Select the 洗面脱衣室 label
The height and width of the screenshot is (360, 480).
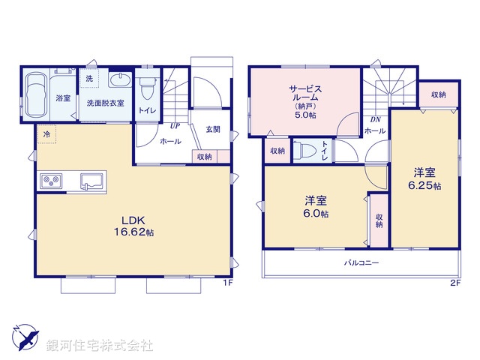[104, 102]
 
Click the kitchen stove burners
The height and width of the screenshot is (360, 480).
[52, 181]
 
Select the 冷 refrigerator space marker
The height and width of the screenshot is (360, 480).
[46, 133]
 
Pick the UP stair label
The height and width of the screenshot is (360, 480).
[175, 125]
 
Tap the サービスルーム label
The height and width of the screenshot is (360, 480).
[306, 98]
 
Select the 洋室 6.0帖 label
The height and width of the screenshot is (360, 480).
[316, 207]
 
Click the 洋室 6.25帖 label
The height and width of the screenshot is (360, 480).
[424, 178]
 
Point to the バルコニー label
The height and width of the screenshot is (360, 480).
[361, 263]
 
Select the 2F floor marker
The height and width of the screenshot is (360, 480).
[454, 283]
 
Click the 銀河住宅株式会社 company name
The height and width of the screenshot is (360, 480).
[100, 346]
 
